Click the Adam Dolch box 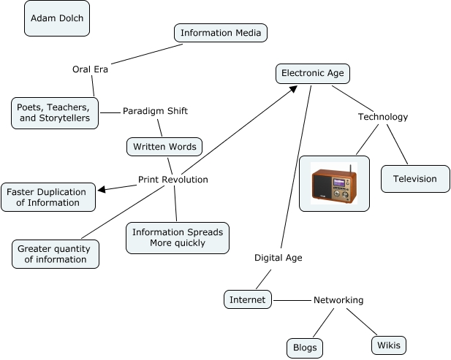(57, 18)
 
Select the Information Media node (221, 33)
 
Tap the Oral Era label (91, 69)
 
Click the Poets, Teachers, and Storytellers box (55, 112)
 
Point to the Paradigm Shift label (155, 111)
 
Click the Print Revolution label (173, 180)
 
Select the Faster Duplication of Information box (48, 197)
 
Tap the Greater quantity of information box (56, 253)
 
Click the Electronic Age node (314, 73)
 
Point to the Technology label (383, 117)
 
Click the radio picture (334, 183)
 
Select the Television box (415, 179)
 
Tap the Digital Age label (278, 257)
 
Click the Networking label (338, 300)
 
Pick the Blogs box (304, 348)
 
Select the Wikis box (387, 345)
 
